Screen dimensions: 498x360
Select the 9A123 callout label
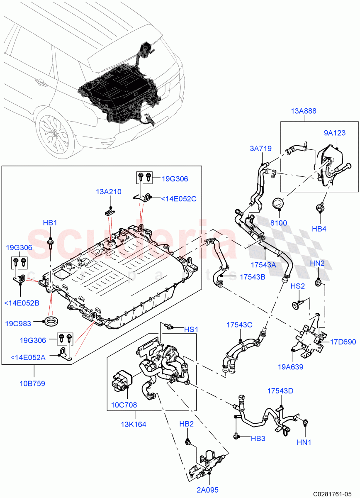point(335,133)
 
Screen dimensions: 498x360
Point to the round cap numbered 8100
point(278,204)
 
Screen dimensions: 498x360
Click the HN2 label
point(317,263)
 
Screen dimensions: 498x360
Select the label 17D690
point(343,342)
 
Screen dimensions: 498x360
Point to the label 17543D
point(281,391)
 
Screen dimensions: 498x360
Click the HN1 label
point(304,442)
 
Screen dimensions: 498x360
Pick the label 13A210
point(109,192)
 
